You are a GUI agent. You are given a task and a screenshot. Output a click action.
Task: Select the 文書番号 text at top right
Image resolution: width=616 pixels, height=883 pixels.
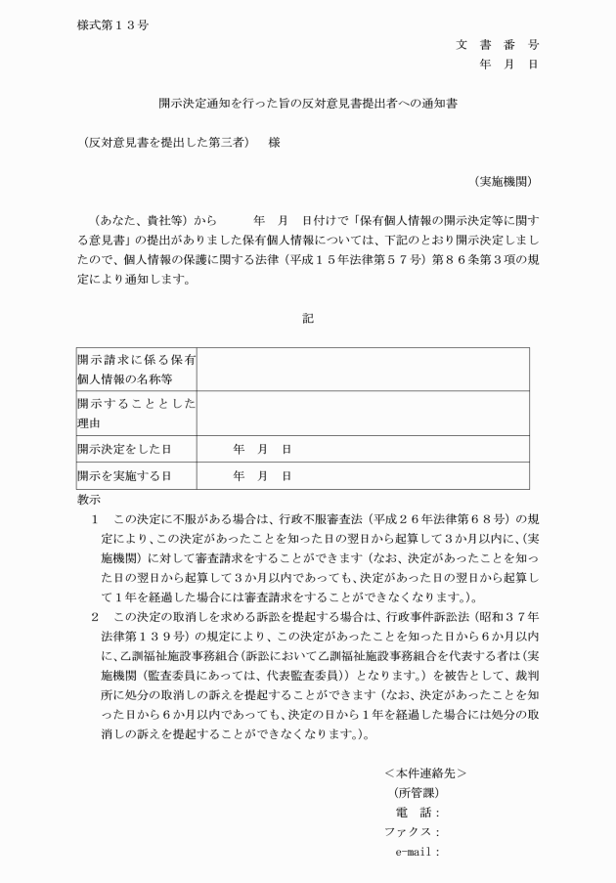coord(497,45)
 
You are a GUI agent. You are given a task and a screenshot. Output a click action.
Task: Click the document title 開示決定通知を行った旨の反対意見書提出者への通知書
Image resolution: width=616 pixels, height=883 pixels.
coord(308,102)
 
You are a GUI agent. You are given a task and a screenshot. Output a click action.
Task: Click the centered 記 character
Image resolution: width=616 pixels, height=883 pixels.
coord(308,318)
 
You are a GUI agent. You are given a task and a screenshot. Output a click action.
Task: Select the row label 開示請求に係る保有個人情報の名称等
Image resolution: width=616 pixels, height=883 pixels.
coord(137,370)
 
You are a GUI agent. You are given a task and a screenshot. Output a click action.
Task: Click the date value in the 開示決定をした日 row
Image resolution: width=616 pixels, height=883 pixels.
coord(262,449)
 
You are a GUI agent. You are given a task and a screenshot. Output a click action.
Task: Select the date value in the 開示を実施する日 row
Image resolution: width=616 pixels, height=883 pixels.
coord(262,475)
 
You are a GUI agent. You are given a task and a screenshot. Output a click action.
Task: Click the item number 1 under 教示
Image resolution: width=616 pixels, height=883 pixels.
coord(95,517)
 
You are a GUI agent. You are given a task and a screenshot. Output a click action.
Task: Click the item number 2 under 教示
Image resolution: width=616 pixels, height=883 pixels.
coord(95,617)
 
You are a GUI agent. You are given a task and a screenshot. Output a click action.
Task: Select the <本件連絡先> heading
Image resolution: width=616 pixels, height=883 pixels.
coord(425,773)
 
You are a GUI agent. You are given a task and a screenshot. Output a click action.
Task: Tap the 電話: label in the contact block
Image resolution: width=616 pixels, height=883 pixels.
coord(418,813)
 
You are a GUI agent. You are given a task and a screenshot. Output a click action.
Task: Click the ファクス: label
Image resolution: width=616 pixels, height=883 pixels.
coord(412,832)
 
